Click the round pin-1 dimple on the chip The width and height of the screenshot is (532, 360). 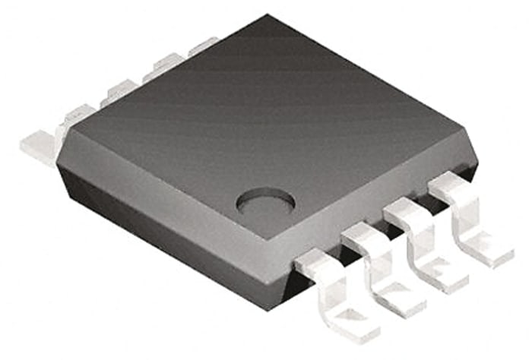[265, 202]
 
